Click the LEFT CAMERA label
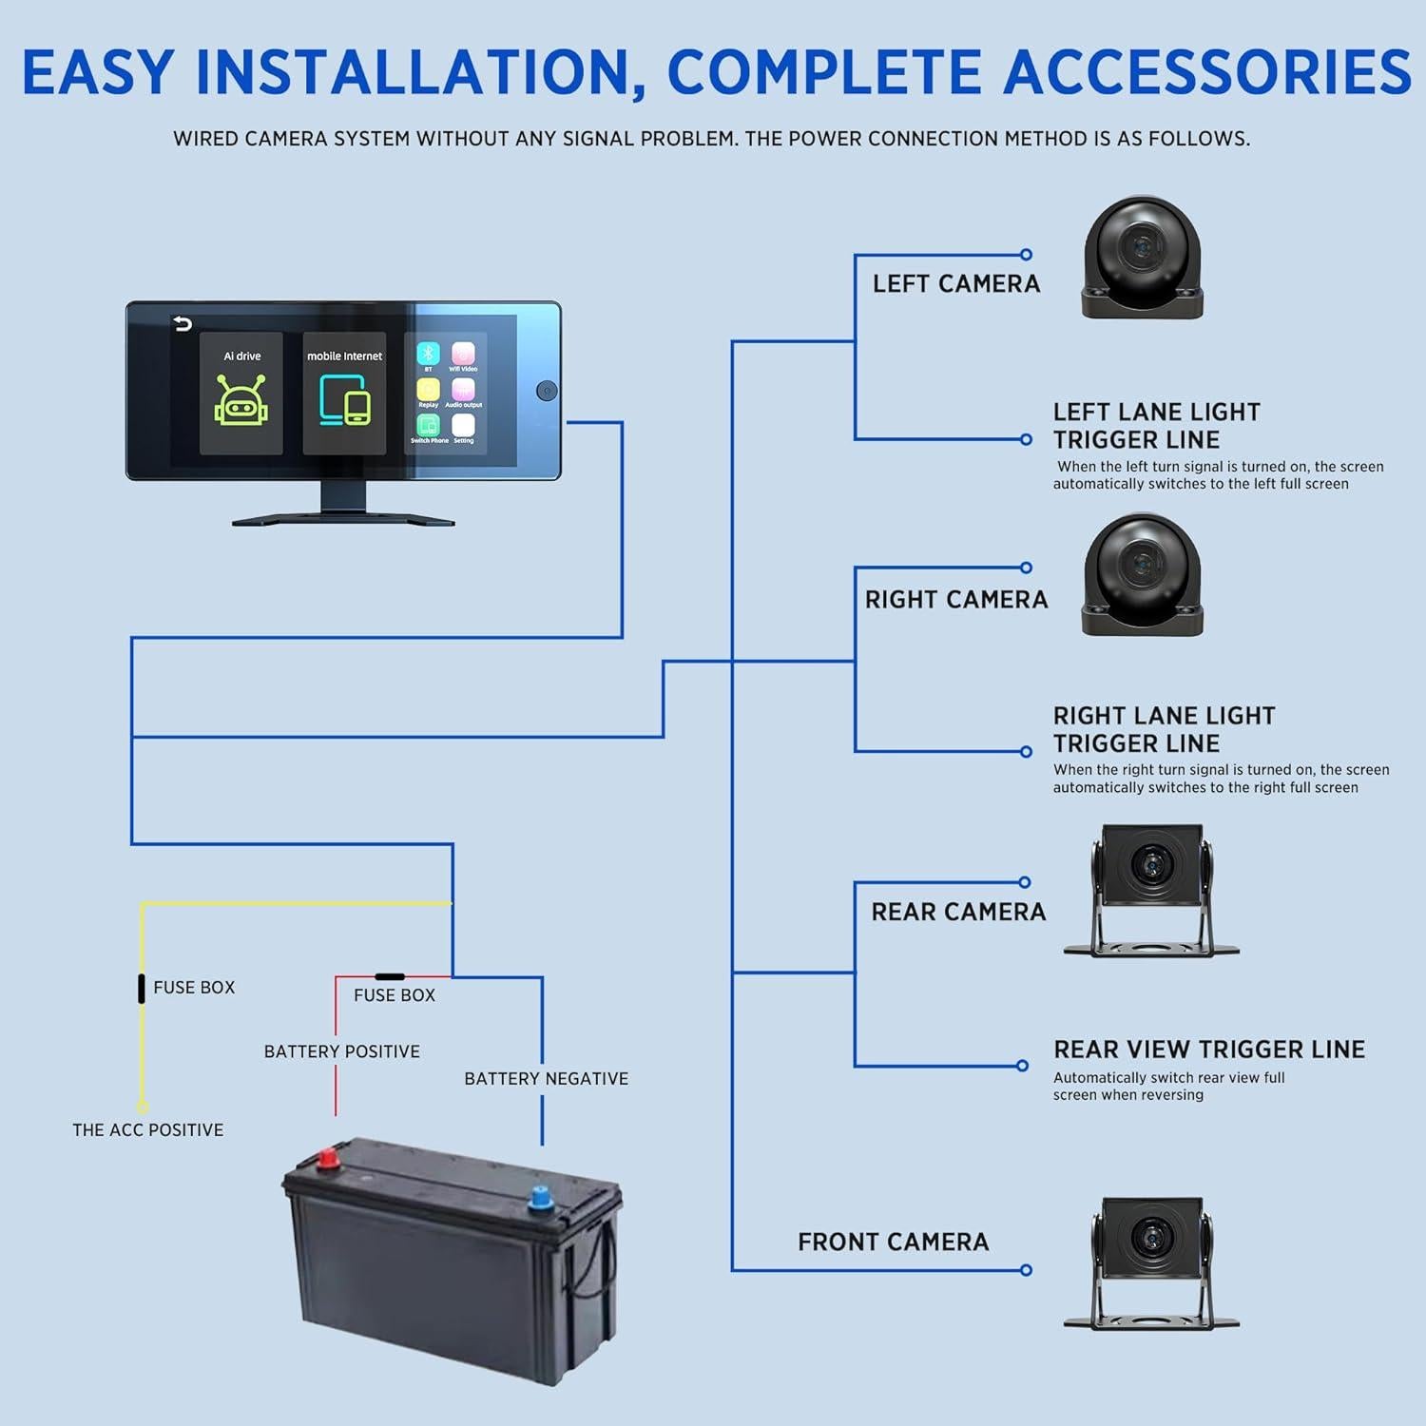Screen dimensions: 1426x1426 click(x=955, y=283)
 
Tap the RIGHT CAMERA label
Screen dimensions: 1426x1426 click(x=955, y=600)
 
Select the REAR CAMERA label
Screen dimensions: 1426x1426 click(x=958, y=913)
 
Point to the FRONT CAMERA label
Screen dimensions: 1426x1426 click(x=893, y=1243)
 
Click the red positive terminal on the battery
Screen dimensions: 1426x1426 click(x=328, y=1159)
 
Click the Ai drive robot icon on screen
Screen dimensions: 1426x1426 click(x=241, y=399)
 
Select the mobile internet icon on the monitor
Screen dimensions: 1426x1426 click(x=344, y=399)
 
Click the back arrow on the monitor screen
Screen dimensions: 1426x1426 click(x=183, y=325)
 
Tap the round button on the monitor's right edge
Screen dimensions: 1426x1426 click(x=547, y=391)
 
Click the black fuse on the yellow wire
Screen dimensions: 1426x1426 click(x=142, y=988)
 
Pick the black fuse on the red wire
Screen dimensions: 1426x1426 click(x=390, y=976)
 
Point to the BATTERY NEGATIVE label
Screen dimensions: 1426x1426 click(x=546, y=1079)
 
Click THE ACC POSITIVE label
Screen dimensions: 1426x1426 click(x=148, y=1130)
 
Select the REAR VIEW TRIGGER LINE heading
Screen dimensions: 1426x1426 click(x=1208, y=1050)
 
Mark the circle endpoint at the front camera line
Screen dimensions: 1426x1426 click(x=1026, y=1270)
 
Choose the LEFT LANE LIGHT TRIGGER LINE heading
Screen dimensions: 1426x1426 click(x=1156, y=426)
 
